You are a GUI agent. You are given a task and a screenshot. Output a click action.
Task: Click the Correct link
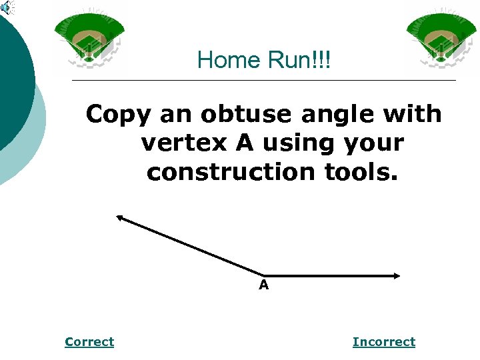[89, 342]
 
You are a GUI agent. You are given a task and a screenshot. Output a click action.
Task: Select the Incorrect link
[384, 342]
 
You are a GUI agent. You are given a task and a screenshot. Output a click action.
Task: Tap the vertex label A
[264, 286]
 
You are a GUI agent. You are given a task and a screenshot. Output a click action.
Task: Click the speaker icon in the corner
[6, 8]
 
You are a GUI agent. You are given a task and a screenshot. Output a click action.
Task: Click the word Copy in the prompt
[117, 115]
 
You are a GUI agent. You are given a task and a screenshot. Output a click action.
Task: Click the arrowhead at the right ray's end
[396, 275]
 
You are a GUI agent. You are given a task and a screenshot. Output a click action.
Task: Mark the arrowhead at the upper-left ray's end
[120, 217]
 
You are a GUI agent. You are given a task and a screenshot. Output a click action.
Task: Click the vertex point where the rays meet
[264, 275]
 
